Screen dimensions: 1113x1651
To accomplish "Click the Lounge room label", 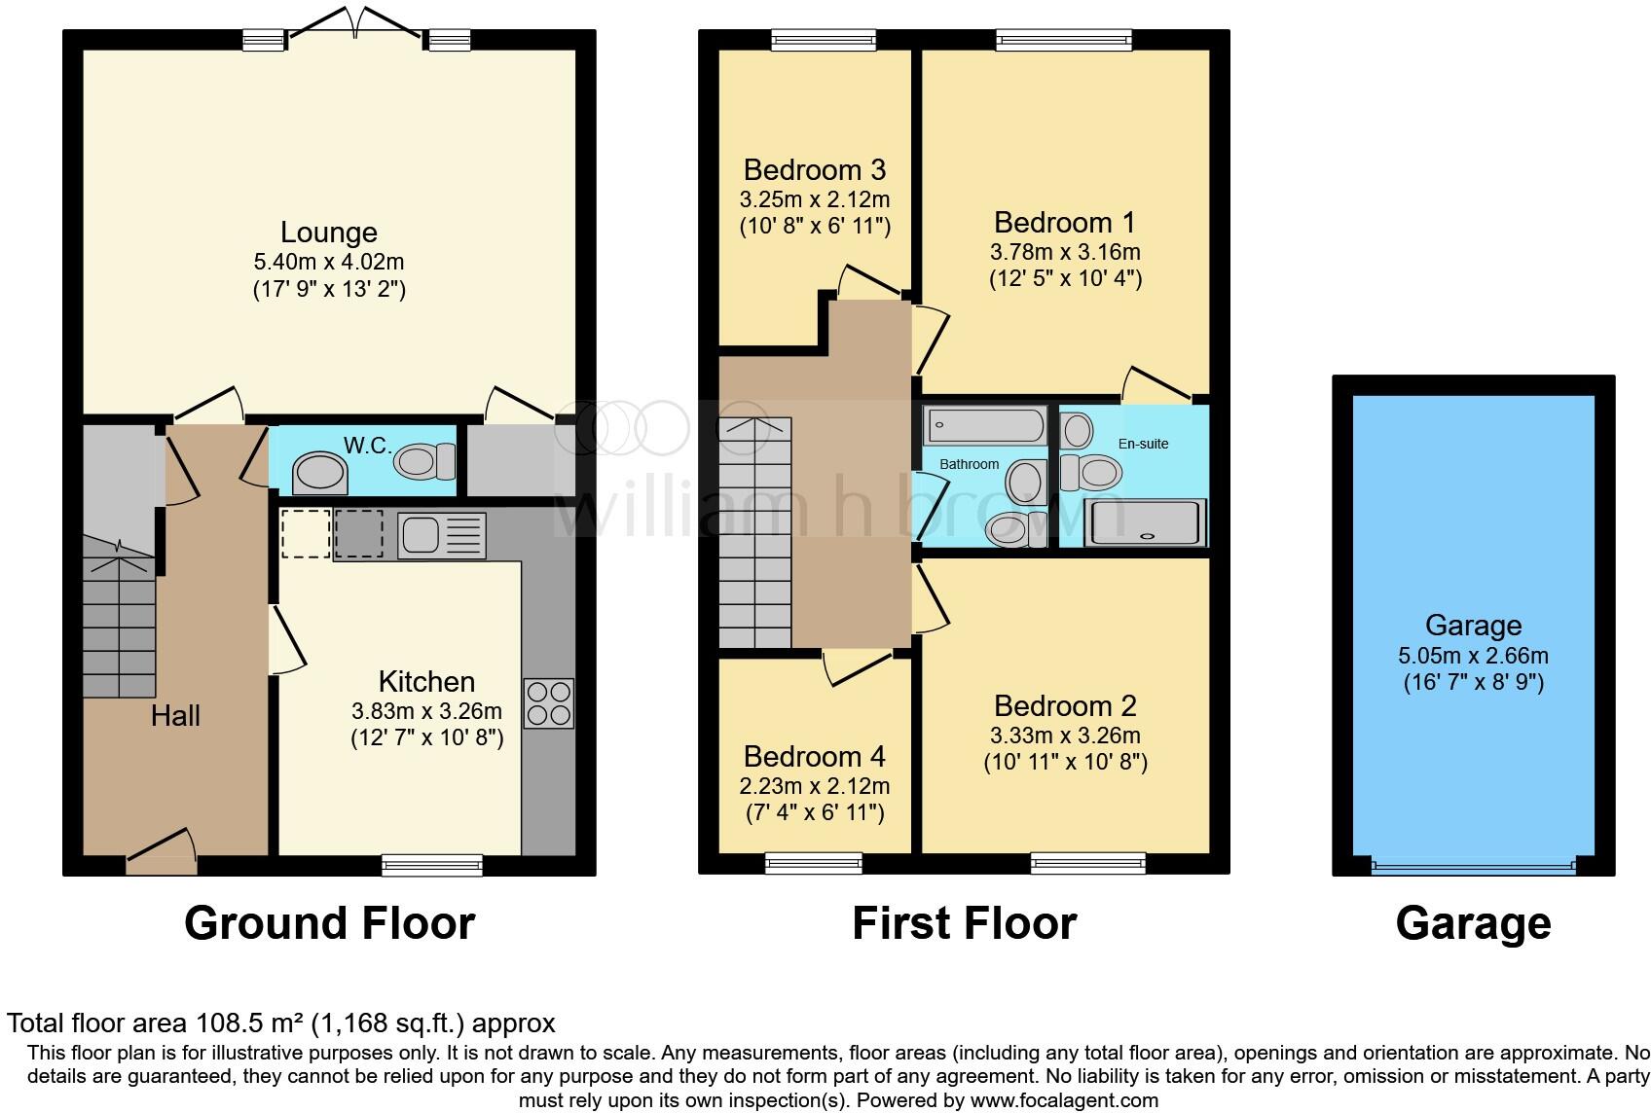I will (329, 233).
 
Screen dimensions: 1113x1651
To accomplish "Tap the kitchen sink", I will (441, 535).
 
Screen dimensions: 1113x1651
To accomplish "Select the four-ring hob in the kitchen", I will (548, 703).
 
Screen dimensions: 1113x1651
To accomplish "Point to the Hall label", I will (175, 716).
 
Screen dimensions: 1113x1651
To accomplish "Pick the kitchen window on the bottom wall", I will (432, 864).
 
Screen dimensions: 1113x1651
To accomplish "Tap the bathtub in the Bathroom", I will (984, 425).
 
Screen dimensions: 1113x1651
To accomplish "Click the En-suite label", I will (1143, 444).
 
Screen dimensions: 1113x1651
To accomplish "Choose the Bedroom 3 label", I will (814, 170).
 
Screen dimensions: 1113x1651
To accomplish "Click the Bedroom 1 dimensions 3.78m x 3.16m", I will (1065, 252).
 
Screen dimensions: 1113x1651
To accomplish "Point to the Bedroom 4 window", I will (814, 862).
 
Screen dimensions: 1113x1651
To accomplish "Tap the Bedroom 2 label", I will (1065, 705).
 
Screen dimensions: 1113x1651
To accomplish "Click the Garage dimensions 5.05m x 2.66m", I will (1473, 656).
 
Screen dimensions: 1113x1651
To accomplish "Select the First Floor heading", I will (964, 923).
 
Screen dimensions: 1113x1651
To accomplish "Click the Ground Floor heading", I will (329, 923).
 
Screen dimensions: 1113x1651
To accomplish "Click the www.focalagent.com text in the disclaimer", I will (1065, 1101).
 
